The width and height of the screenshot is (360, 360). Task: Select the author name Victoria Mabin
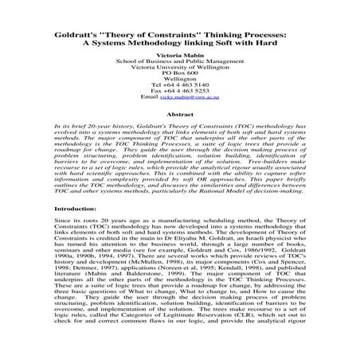tap(179, 61)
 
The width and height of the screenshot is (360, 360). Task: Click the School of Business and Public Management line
tap(179, 70)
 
